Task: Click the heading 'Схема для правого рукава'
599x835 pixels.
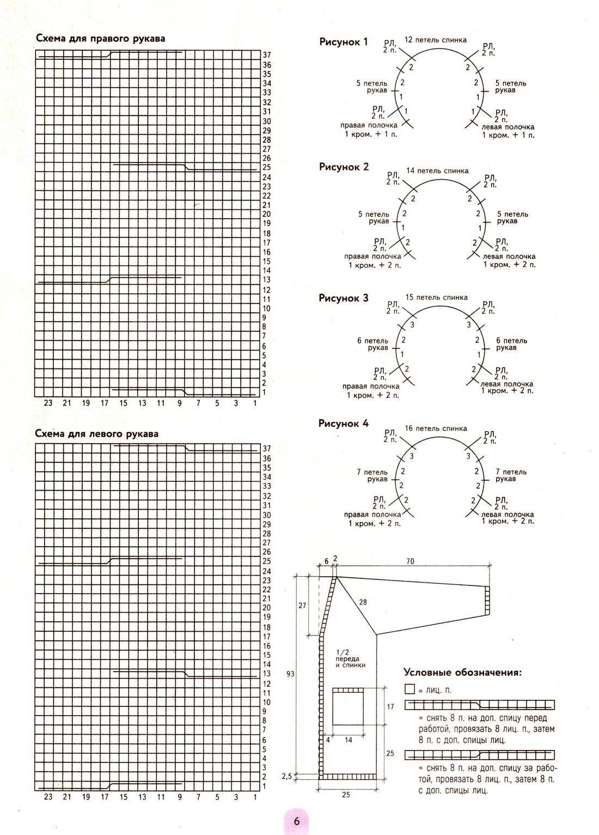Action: click(100, 39)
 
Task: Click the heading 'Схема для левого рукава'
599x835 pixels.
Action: click(96, 434)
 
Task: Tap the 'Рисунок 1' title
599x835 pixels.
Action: click(344, 42)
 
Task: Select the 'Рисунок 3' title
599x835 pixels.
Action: click(344, 298)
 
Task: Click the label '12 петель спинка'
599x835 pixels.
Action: click(435, 40)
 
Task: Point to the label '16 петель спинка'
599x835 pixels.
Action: click(436, 428)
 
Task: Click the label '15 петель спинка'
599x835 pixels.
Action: click(436, 298)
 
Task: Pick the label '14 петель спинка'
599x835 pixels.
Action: click(437, 171)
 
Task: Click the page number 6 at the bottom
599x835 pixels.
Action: click(297, 822)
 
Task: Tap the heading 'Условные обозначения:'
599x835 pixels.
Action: click(462, 672)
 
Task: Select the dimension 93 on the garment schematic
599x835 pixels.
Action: click(290, 674)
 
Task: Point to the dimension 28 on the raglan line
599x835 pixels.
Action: click(363, 602)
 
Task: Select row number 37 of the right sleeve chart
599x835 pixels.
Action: click(267, 55)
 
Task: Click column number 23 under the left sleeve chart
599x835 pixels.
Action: click(48, 797)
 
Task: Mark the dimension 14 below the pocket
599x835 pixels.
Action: click(349, 740)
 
